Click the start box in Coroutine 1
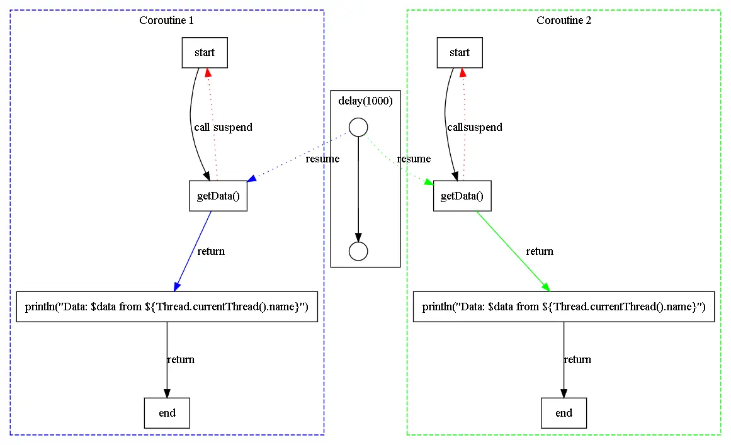pyautogui.click(x=205, y=53)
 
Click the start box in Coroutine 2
pyautogui.click(x=460, y=53)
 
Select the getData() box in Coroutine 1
pyautogui.click(x=218, y=196)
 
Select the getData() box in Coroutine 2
pyautogui.click(x=462, y=196)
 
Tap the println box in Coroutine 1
pyautogui.click(x=167, y=307)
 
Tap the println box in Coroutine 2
pyautogui.click(x=564, y=307)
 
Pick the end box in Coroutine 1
pyautogui.click(x=167, y=413)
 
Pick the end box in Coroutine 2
pyautogui.click(x=564, y=413)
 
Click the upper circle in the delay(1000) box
pyautogui.click(x=358, y=127)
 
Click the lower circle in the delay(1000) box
pyautogui.click(x=358, y=251)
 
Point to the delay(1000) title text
pyautogui.click(x=365, y=101)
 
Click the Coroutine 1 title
pyautogui.click(x=166, y=20)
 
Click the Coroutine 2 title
pyautogui.click(x=564, y=20)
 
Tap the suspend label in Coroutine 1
pyautogui.click(x=232, y=127)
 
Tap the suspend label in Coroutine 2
pyautogui.click(x=483, y=127)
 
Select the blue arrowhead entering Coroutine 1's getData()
pyautogui.click(x=252, y=179)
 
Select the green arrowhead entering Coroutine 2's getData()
pyautogui.click(x=428, y=182)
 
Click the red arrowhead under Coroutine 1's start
pyautogui.click(x=208, y=72)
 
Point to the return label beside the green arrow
pyautogui.click(x=540, y=252)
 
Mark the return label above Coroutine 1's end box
pyautogui.click(x=181, y=360)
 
